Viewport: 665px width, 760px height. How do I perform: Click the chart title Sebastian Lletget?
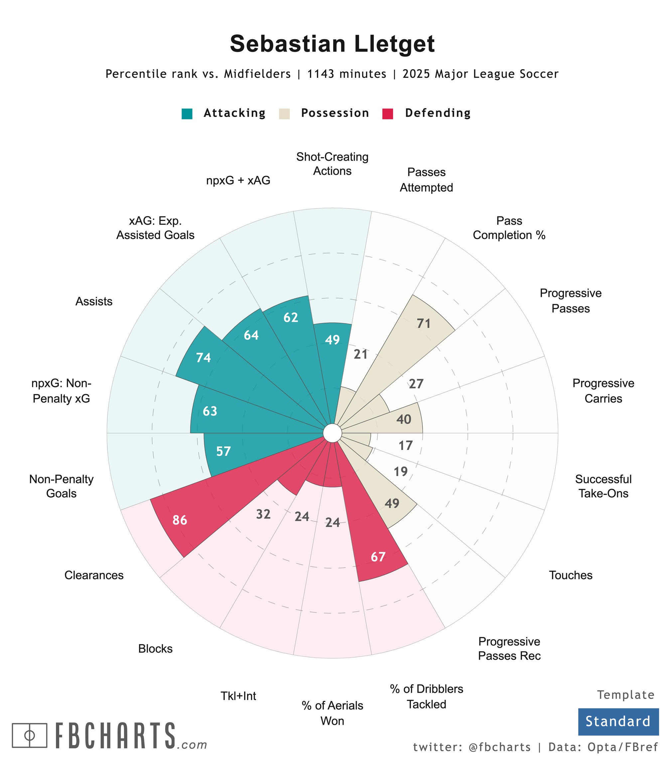click(332, 44)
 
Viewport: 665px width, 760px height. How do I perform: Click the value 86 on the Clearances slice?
click(180, 520)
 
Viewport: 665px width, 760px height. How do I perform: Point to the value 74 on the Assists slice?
click(203, 358)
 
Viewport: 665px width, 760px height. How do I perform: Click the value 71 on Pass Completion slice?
click(423, 324)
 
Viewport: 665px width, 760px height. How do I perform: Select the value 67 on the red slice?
click(378, 557)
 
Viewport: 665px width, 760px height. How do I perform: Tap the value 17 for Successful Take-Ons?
click(406, 445)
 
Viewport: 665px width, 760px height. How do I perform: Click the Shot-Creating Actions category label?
click(332, 164)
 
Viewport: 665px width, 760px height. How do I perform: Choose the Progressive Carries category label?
click(603, 391)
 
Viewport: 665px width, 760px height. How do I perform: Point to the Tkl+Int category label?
click(238, 696)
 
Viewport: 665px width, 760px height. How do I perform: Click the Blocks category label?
click(155, 649)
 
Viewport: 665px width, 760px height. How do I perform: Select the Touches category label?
click(570, 575)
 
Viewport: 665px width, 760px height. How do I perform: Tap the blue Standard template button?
click(618, 721)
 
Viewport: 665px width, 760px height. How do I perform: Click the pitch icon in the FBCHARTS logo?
click(30, 735)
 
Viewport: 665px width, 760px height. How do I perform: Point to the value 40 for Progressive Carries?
click(404, 420)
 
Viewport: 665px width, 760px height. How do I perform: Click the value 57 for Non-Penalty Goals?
click(223, 451)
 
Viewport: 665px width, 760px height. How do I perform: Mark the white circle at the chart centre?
click(332, 433)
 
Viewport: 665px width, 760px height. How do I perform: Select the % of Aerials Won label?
click(332, 713)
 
